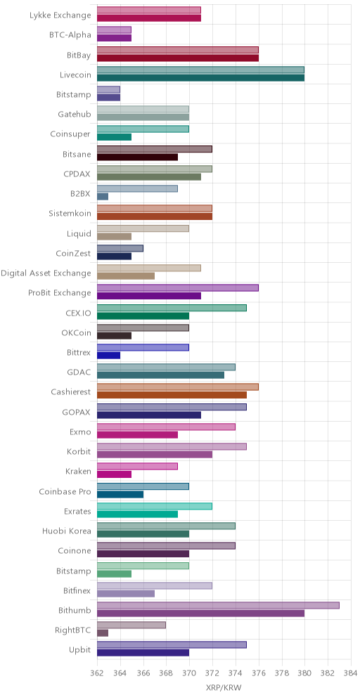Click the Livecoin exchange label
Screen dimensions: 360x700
[75, 75]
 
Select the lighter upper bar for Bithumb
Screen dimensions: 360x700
[218, 605]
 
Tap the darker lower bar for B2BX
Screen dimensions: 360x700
[103, 196]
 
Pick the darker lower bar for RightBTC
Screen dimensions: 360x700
[103, 633]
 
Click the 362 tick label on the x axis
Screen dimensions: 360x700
[97, 673]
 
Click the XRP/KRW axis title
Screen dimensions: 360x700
[224, 687]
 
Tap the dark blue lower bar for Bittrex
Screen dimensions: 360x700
[108, 356]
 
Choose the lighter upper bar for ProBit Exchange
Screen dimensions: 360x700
[178, 288]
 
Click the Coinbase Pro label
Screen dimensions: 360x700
[65, 491]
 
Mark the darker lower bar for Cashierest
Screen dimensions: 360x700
[172, 395]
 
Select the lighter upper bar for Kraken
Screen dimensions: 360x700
[138, 467]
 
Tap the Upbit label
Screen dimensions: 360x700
[81, 650]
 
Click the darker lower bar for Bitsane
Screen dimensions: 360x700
[138, 157]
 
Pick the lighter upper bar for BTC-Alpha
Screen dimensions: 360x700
[115, 30]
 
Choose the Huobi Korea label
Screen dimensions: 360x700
[67, 531]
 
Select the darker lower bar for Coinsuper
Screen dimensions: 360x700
[115, 137]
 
